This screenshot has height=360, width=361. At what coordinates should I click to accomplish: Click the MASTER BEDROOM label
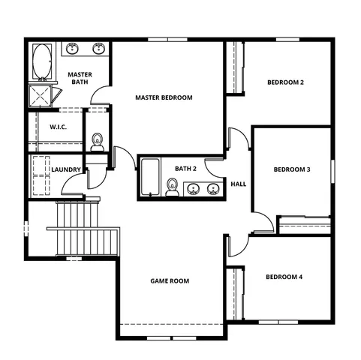[x=164, y=97]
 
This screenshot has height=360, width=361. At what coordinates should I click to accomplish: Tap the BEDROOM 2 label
[x=285, y=82]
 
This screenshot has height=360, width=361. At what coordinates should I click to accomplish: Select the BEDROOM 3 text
[x=291, y=169]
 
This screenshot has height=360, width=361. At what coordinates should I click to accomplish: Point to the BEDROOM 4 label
[x=284, y=277]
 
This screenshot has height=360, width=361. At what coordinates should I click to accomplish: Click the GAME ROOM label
[x=170, y=281]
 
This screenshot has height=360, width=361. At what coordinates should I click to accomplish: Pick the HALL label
[x=239, y=184]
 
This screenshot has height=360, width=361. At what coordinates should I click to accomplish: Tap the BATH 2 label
[x=186, y=169]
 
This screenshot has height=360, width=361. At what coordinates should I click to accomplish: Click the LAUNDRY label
[x=66, y=169]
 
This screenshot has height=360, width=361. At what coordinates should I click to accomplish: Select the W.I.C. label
[x=58, y=127]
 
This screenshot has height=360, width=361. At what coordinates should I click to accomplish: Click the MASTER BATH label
[x=80, y=78]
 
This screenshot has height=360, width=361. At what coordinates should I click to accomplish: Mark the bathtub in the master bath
[x=40, y=64]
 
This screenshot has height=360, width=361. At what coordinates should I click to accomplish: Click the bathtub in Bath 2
[x=150, y=178]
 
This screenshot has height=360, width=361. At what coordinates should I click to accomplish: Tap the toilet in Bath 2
[x=173, y=190]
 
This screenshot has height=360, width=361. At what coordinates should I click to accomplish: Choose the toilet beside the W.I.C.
[x=97, y=142]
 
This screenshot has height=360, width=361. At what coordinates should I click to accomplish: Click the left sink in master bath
[x=73, y=49]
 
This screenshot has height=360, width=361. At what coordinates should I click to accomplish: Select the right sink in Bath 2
[x=213, y=188]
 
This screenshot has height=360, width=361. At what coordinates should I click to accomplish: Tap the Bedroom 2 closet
[x=237, y=67]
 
